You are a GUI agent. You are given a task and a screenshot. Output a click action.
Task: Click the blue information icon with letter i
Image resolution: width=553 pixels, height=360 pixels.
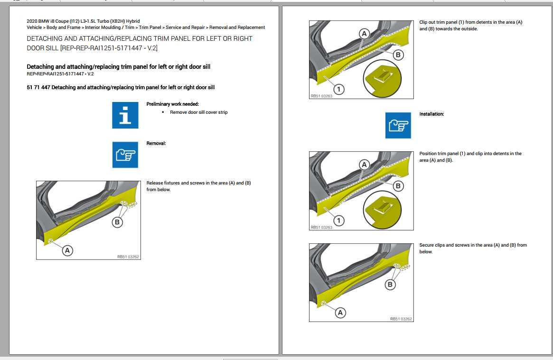pos(125,115)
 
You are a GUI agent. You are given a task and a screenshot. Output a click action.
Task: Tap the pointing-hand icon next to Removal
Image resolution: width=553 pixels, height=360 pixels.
pos(125,154)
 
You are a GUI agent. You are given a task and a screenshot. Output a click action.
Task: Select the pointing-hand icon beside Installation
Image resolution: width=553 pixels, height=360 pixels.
pos(398,125)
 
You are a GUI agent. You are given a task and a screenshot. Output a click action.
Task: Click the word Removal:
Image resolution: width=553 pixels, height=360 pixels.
pos(156,143)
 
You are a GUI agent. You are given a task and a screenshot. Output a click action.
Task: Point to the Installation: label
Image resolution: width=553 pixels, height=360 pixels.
pos(431,114)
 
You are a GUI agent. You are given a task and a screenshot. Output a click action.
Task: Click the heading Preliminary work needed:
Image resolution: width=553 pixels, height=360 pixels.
pos(172,104)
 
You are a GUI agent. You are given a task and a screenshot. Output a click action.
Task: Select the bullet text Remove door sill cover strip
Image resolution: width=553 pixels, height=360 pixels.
pos(199,112)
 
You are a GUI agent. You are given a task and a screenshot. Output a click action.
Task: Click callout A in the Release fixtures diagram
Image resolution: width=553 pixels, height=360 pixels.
pos(68,250)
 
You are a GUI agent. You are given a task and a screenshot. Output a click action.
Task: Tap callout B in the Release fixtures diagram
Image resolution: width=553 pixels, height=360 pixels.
pos(117,222)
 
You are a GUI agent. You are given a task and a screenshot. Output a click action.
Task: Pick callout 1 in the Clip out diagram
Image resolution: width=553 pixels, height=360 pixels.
pos(338,89)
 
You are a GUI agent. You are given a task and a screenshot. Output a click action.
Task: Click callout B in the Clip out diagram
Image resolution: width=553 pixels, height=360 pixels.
pos(398,55)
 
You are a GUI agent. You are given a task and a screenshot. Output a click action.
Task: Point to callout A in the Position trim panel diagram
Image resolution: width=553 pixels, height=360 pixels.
pos(364,165)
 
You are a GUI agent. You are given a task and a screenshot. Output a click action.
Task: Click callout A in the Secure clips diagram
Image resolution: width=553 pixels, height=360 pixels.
pos(340,312)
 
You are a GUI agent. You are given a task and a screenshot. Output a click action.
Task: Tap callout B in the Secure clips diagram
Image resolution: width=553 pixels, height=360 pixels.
pos(390,284)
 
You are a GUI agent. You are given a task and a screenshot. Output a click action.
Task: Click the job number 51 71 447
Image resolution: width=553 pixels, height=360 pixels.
pos(39,87)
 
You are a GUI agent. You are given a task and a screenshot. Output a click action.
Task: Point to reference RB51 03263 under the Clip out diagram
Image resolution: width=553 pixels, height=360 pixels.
pos(321,96)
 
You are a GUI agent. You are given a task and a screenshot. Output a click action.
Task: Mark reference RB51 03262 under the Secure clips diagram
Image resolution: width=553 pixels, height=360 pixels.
pos(401,319)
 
